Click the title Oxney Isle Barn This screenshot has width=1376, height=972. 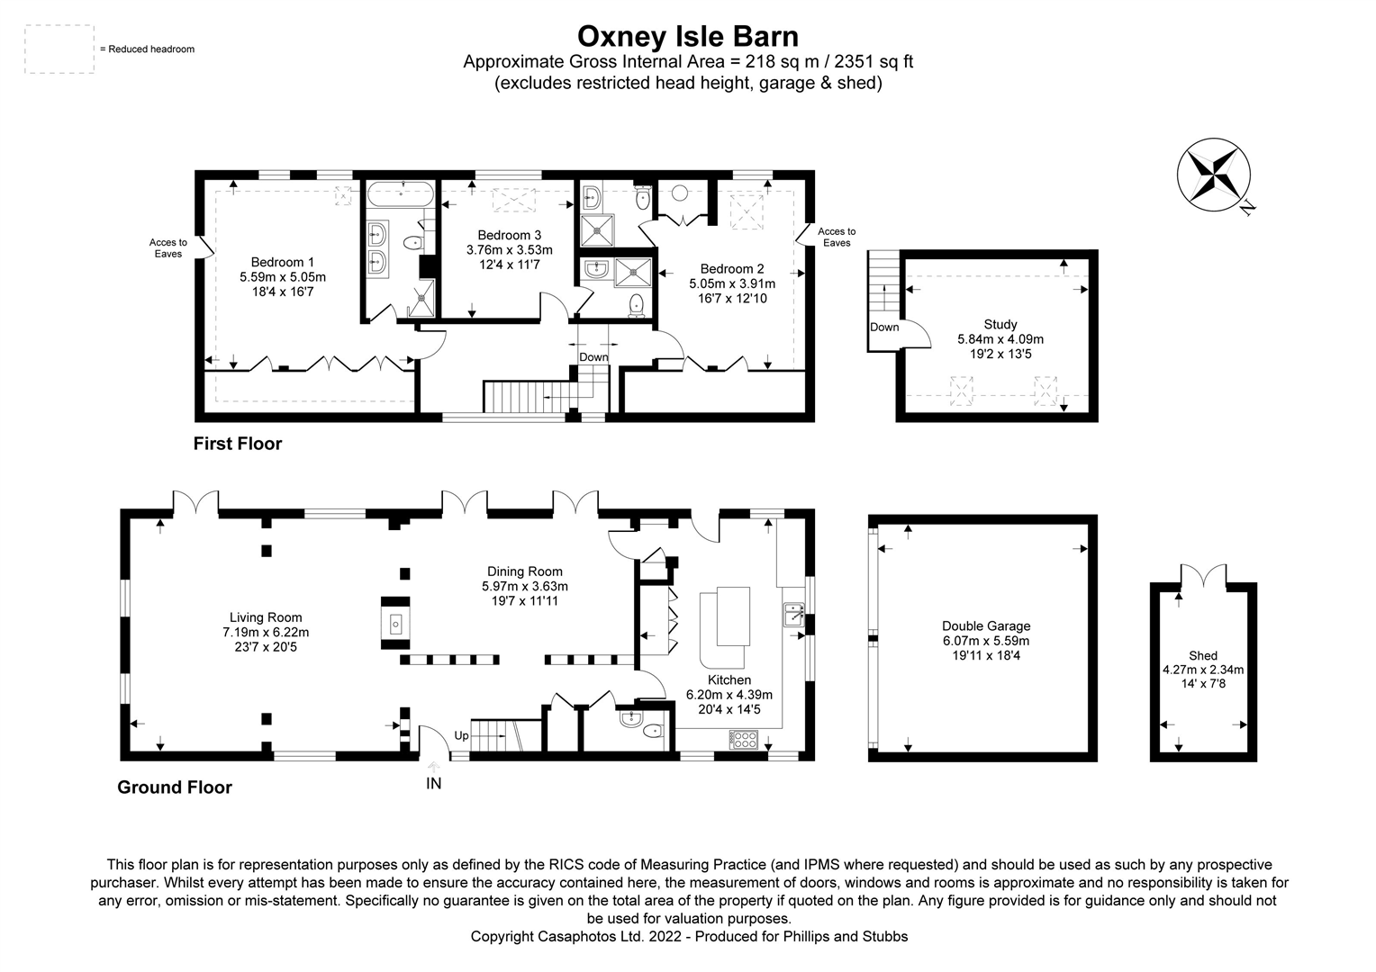(x=687, y=36)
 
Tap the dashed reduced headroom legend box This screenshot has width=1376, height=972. (x=59, y=49)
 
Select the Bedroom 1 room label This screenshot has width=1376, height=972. (x=283, y=263)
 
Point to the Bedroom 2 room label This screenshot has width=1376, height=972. (x=731, y=268)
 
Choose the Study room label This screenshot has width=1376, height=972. (x=1000, y=324)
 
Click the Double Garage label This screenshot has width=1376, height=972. (x=985, y=626)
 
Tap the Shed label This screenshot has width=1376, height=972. (x=1202, y=656)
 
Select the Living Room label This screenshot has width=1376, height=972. (x=266, y=617)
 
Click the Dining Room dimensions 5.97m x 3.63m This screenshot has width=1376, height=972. (x=524, y=586)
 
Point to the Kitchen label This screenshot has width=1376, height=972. (x=729, y=680)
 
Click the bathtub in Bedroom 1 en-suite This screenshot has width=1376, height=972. (x=400, y=193)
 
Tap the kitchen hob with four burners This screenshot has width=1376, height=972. (x=744, y=739)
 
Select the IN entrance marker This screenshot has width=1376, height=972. (x=433, y=783)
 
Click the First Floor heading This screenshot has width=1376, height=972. (x=238, y=444)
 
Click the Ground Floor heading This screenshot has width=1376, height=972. (x=175, y=787)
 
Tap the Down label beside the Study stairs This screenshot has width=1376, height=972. (x=883, y=328)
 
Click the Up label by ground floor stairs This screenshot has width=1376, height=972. (x=461, y=735)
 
